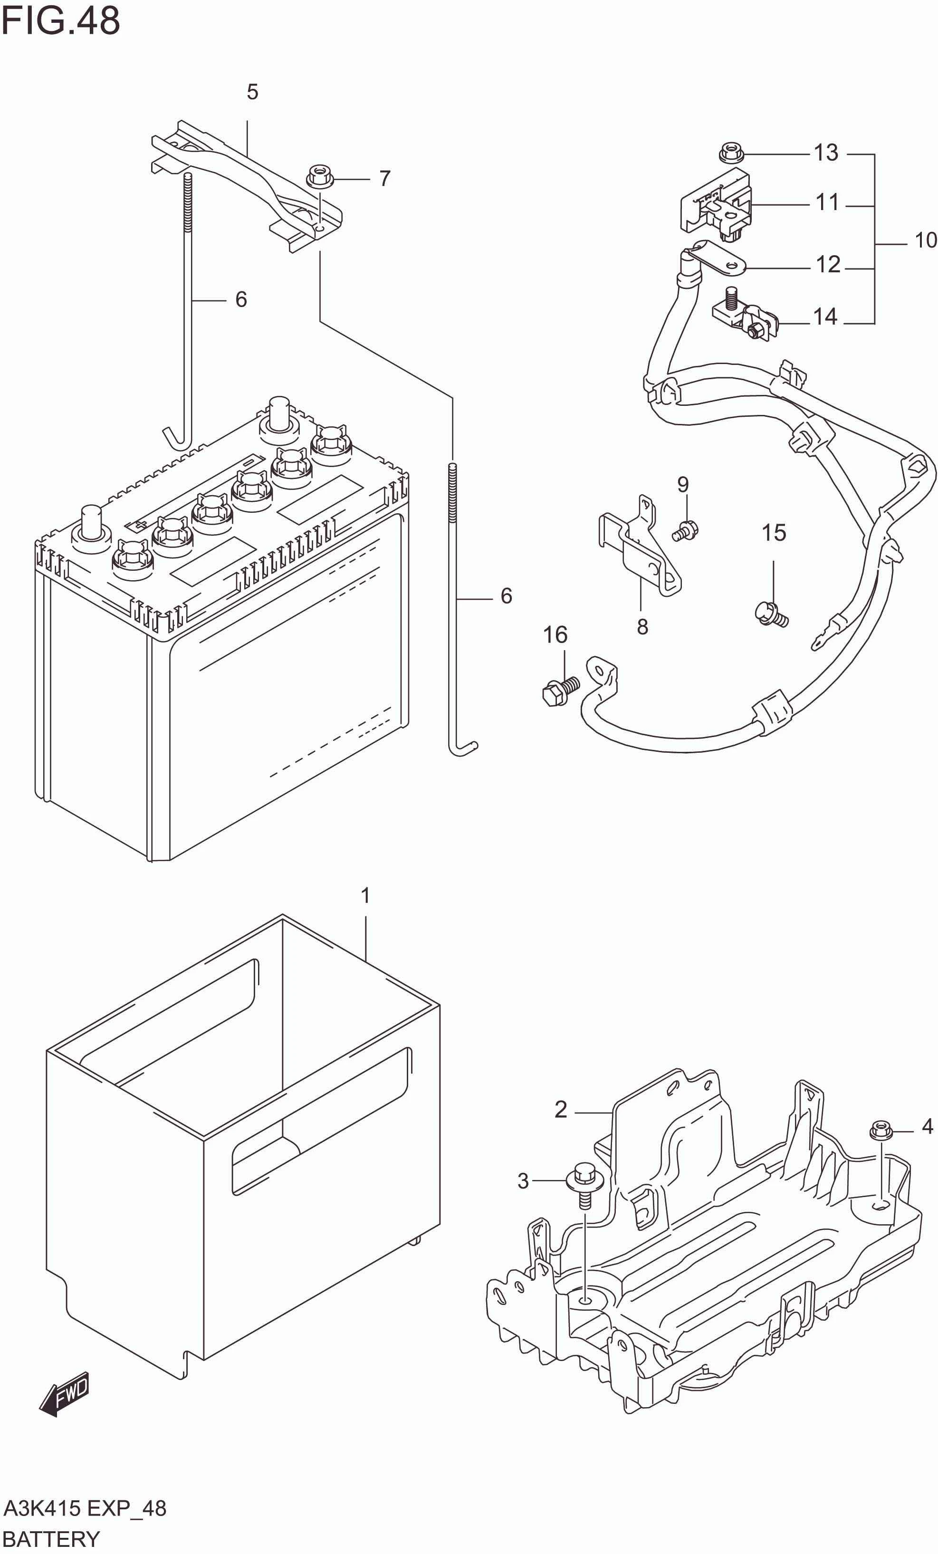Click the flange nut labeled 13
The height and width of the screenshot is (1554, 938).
pyautogui.click(x=730, y=153)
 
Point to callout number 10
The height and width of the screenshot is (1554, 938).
pyautogui.click(x=925, y=240)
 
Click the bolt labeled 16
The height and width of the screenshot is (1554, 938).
pyautogui.click(x=559, y=690)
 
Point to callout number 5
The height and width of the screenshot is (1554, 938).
pyautogui.click(x=252, y=92)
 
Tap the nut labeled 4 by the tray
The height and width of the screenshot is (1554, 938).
pyautogui.click(x=880, y=1129)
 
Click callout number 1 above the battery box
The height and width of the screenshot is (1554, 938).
pyautogui.click(x=365, y=895)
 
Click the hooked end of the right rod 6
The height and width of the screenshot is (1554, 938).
pyautogui.click(x=464, y=749)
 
